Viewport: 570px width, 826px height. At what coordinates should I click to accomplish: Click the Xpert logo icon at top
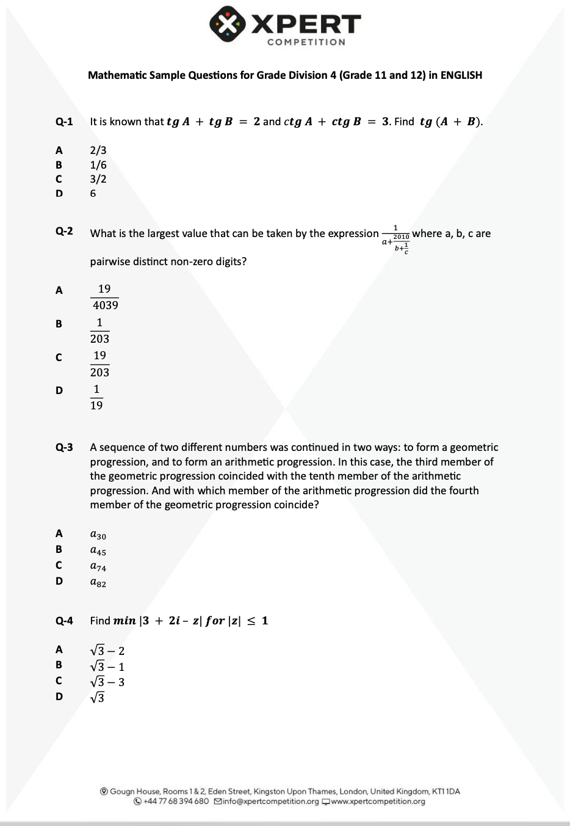227,24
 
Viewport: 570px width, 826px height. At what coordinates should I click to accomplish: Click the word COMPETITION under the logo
306,42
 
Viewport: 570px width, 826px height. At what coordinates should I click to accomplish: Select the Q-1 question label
64,122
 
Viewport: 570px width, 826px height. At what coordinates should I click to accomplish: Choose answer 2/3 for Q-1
98,150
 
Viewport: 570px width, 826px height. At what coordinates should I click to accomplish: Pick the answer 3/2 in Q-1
98,179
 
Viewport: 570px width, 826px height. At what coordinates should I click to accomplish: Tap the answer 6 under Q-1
93,193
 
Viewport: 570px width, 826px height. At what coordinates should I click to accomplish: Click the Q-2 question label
64,231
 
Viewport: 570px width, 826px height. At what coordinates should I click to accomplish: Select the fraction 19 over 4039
105,297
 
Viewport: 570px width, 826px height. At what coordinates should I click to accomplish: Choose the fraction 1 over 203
99,331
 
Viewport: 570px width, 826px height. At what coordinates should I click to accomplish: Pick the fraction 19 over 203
100,364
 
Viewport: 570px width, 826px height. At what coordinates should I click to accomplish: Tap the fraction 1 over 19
96,397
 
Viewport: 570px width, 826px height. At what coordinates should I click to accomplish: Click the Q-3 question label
64,447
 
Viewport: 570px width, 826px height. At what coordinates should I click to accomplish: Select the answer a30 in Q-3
98,535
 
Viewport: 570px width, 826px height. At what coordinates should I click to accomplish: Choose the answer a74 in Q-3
98,566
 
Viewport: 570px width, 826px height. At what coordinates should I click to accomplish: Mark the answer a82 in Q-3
98,582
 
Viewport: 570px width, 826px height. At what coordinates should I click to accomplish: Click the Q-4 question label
64,621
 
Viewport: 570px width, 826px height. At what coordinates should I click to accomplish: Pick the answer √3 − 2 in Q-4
107,651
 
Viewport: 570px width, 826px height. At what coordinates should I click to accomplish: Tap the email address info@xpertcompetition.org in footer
270,802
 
